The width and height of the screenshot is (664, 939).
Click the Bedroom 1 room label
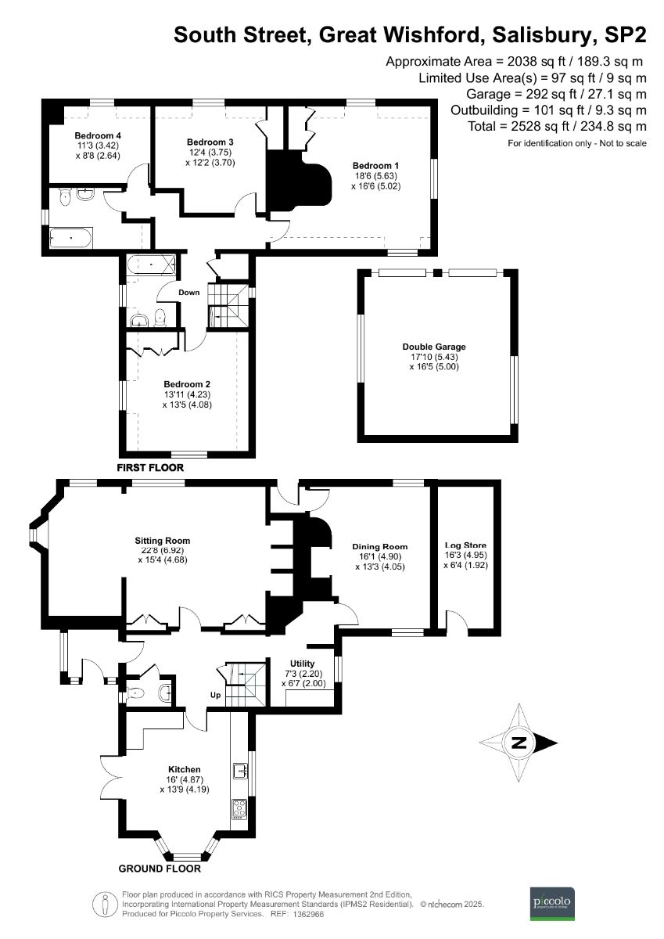pos(375,166)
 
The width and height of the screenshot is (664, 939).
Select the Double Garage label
pos(433,347)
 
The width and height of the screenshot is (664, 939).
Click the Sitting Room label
pos(163,541)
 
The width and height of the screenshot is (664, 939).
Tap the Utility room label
pos(302,664)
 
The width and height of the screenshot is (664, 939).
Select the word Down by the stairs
pos(189,292)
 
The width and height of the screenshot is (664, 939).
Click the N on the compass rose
pos(518,743)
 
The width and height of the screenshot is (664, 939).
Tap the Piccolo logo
pos(553,902)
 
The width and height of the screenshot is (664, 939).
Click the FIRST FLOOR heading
pos(150,467)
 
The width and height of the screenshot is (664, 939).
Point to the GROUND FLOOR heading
pos(160,869)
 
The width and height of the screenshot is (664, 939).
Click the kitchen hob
pos(239,808)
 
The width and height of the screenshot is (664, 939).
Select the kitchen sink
pos(239,772)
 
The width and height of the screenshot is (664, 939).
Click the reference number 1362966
pos(310,913)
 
